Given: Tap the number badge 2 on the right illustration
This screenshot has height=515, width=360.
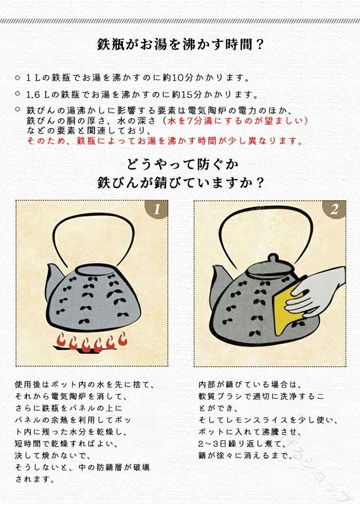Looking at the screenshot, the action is pos(334,209).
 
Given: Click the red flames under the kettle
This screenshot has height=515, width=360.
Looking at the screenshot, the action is pos(90,343).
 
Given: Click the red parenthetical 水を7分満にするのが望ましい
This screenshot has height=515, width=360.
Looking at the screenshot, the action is pos(237,120).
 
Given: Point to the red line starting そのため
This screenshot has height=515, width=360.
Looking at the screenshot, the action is pos(165,141).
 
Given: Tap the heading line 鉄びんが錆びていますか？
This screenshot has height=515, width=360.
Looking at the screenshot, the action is pos(181,183).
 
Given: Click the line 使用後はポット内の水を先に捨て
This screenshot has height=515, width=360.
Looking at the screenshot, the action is pos(85,384).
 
